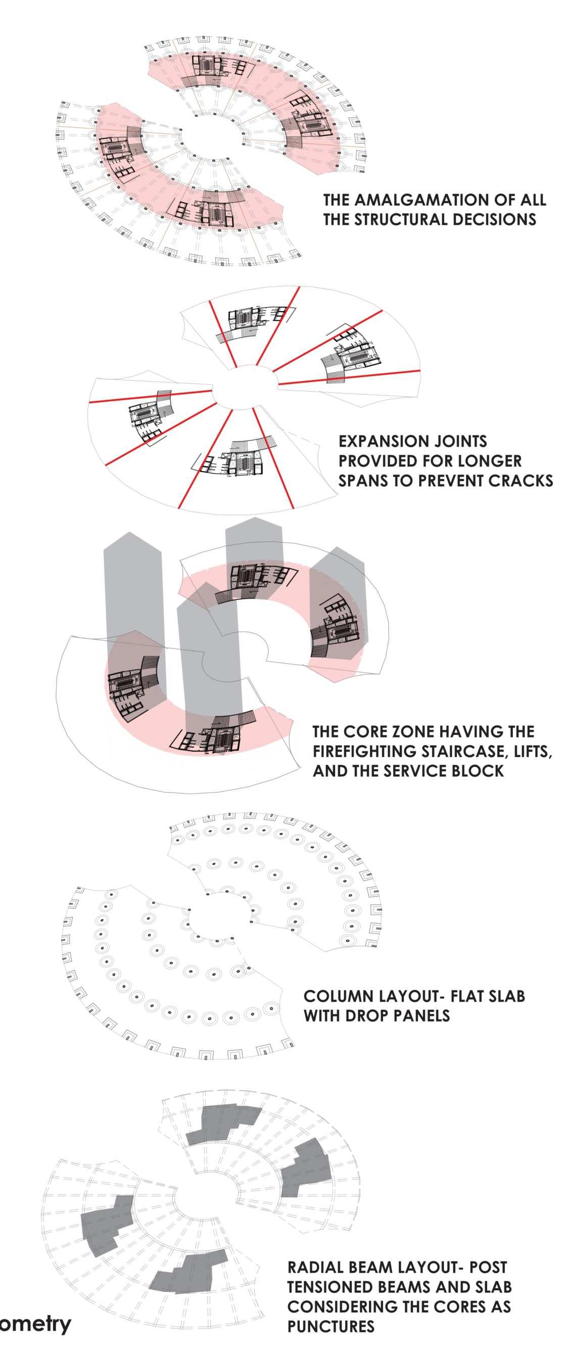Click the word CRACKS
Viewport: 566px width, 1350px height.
521,481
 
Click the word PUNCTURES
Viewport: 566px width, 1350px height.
331,1326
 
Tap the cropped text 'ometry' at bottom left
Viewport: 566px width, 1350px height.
35,1323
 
